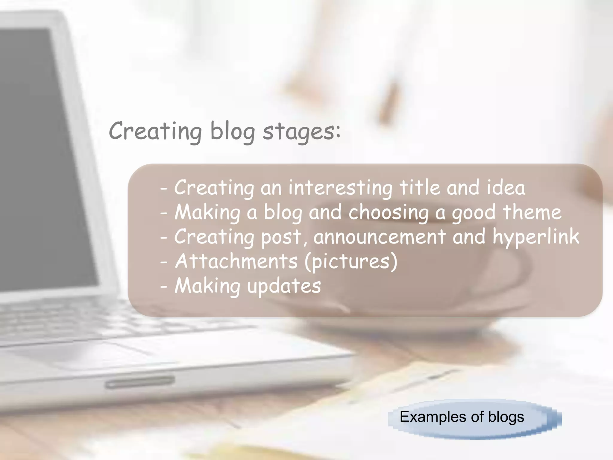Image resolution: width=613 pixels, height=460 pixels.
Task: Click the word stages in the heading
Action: coord(301,132)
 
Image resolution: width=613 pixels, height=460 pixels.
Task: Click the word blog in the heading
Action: coord(233,132)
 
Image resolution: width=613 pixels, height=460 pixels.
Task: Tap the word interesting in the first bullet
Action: coord(340,188)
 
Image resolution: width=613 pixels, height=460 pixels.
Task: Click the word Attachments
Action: coord(236,261)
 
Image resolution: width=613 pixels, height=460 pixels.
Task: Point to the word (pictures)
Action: coord(351,262)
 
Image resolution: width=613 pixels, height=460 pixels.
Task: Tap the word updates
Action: coord(284,286)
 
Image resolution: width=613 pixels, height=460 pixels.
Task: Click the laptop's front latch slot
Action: coord(140,382)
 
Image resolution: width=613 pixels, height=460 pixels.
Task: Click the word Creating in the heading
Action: coord(155,132)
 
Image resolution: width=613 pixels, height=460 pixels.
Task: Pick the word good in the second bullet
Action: coord(474,213)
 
